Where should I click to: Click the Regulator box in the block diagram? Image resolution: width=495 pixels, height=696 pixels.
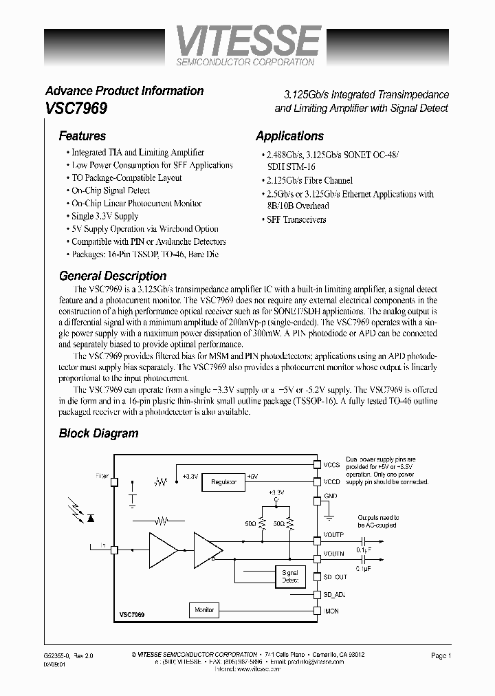(223, 482)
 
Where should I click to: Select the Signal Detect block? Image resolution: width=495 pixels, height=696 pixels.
(290, 576)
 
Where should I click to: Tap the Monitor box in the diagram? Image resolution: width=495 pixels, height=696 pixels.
(204, 609)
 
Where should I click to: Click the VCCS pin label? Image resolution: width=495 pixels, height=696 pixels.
(332, 466)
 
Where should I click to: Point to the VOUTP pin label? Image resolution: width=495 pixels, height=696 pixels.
(333, 534)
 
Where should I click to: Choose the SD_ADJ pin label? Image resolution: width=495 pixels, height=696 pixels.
(335, 594)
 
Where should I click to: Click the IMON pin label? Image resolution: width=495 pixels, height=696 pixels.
(331, 611)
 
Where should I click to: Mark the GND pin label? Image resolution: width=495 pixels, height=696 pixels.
(331, 495)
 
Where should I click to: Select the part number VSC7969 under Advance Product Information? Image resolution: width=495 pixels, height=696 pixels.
(76, 108)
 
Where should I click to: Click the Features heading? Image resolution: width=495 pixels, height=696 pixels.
(82, 136)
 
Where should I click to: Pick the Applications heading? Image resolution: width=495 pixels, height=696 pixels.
(289, 136)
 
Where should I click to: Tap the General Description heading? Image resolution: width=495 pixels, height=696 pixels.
(113, 276)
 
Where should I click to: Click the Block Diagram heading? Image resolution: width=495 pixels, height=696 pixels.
(98, 433)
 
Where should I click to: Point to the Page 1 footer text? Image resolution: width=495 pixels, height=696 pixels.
(441, 656)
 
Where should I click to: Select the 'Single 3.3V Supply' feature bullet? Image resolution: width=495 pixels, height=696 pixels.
(105, 216)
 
